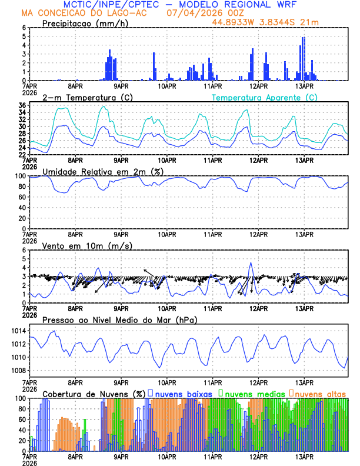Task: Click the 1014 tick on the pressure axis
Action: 18,331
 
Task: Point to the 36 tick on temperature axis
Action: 21,105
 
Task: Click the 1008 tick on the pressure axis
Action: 18,370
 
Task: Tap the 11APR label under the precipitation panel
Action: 213,86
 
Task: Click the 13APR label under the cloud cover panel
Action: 304,457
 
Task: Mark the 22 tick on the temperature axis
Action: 21,154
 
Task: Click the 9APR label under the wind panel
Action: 121,308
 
